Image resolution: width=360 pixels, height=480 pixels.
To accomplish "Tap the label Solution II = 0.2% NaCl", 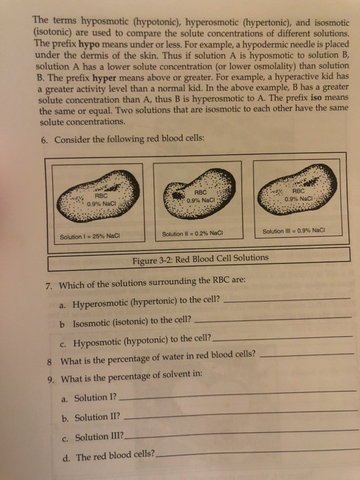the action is (187, 235).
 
